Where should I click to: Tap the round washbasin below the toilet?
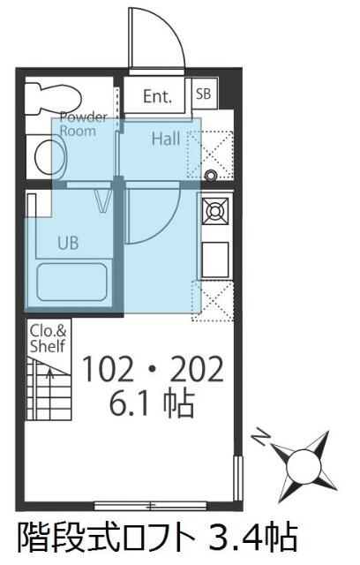point(50,157)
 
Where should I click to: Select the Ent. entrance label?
point(158,96)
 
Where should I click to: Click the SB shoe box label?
point(204,94)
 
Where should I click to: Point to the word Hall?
point(166,139)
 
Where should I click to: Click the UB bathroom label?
point(69,243)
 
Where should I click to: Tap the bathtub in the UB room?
point(72,282)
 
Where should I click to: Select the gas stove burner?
point(215,210)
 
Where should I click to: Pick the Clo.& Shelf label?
point(49,338)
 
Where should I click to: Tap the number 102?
point(107,368)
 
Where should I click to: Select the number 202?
point(197,368)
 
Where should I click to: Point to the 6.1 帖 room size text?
point(152,403)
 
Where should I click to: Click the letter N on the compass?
point(261,437)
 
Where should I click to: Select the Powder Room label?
point(84,124)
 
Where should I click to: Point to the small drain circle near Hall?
point(210,176)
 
